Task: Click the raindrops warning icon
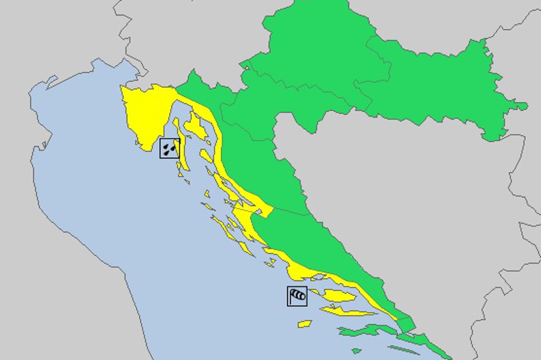169,148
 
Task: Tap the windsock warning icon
297,296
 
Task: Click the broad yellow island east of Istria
195,126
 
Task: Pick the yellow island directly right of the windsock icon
339,295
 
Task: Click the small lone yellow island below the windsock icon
304,324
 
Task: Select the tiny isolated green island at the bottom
356,351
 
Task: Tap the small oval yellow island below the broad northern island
206,156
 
